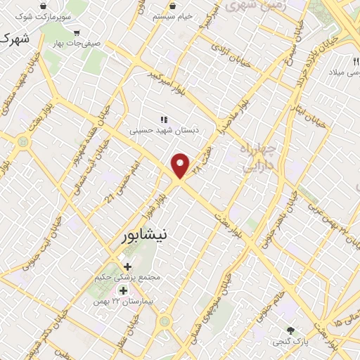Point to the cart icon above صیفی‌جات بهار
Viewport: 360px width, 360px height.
tap(76, 32)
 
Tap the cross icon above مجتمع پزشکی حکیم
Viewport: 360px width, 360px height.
tap(127, 266)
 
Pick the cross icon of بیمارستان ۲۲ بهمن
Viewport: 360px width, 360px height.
tap(123, 290)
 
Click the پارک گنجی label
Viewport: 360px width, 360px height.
tap(290, 341)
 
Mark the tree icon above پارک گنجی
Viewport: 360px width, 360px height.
tap(290, 330)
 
